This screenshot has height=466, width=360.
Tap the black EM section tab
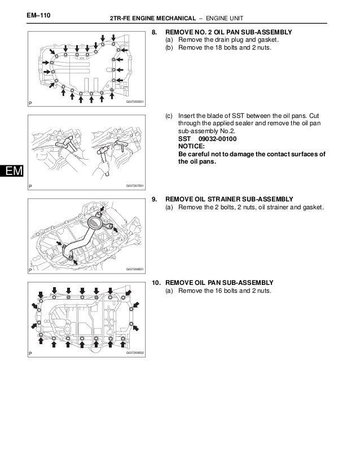tap(10, 170)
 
